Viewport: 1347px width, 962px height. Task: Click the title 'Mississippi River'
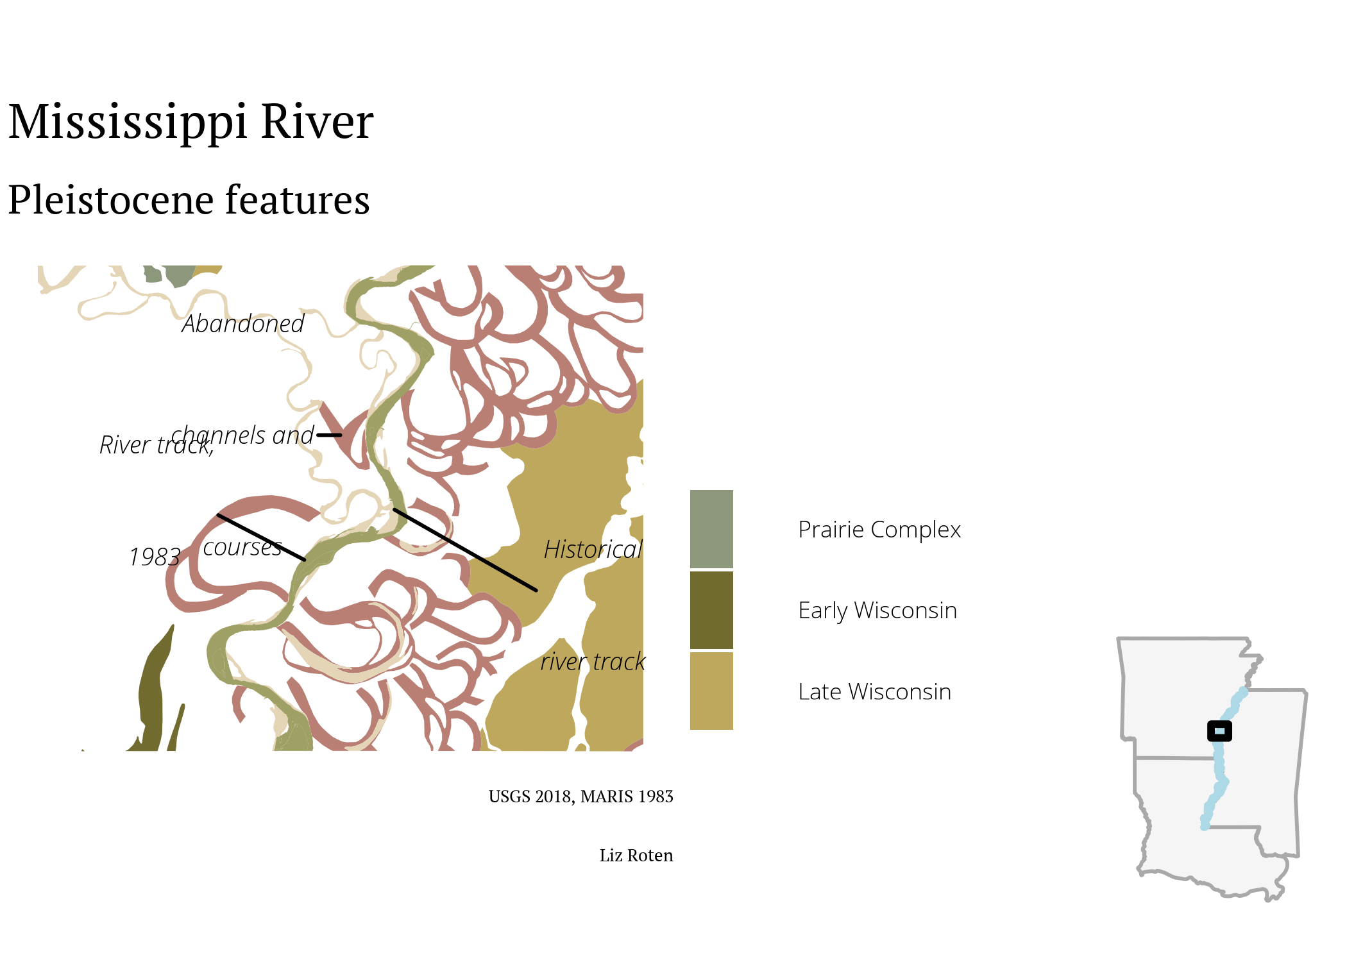[x=191, y=122]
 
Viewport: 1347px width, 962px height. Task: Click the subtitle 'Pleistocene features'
[x=189, y=199]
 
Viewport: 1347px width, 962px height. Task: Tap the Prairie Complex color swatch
[x=711, y=529]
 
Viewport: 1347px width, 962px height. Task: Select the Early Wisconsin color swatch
[x=711, y=610]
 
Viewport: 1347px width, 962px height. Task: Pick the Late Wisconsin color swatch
[x=711, y=691]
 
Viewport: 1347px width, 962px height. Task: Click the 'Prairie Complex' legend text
[x=879, y=530]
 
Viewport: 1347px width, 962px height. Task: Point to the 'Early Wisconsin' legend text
[x=877, y=611]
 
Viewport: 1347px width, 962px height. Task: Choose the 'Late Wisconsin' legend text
[x=875, y=692]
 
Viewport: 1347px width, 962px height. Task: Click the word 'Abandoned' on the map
[x=243, y=324]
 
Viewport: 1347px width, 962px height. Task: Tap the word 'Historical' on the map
[x=593, y=550]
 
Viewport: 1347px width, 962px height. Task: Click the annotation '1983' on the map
[x=155, y=557]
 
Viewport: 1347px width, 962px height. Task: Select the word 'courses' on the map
[x=242, y=548]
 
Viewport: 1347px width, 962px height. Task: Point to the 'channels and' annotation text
[x=242, y=435]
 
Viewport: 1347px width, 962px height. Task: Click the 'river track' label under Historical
[x=593, y=662]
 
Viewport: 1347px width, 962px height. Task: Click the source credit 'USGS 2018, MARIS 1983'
[x=581, y=797]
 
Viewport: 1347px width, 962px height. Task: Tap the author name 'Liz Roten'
[x=636, y=856]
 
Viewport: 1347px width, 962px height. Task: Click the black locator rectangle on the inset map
[x=1219, y=731]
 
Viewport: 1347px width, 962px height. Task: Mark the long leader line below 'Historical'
[x=465, y=550]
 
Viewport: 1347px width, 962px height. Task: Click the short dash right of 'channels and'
[x=330, y=435]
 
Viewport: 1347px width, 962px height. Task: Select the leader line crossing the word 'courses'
[x=261, y=537]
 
